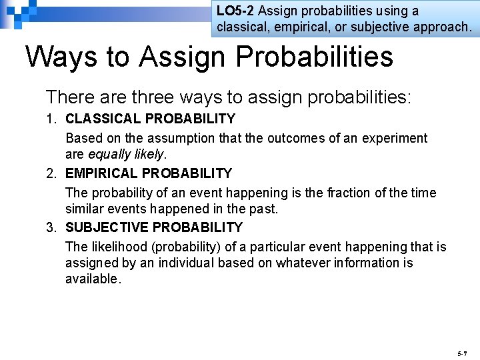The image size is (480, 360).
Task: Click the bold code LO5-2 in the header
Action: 236,11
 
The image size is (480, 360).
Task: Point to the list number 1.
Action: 51,119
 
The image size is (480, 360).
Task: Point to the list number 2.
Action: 51,174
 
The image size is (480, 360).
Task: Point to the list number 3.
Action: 51,228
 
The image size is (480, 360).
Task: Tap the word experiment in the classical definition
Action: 395,139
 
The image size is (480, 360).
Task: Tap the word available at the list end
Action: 92,279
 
